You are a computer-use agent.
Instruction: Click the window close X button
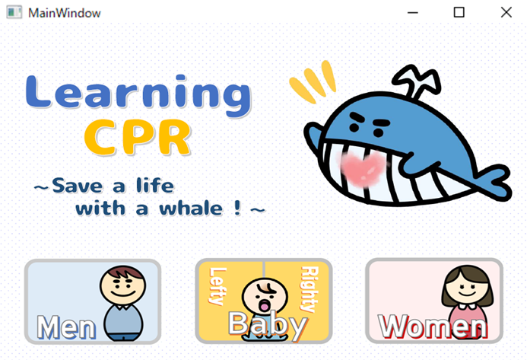click(506, 12)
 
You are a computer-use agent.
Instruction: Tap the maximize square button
click(459, 12)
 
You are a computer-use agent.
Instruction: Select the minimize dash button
click(413, 13)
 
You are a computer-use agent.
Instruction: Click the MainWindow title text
click(64, 13)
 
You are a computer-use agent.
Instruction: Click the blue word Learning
click(138, 96)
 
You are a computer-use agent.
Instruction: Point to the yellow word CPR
click(138, 137)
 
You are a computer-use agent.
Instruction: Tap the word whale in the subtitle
click(191, 208)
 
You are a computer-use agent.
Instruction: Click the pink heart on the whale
click(363, 168)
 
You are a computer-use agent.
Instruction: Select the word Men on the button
click(66, 327)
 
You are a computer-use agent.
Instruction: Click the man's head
click(123, 285)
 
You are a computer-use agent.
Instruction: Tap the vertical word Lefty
click(217, 286)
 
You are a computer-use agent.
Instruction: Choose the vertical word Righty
click(310, 289)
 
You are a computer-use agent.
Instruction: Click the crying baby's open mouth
click(265, 305)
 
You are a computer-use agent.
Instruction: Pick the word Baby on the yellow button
click(268, 324)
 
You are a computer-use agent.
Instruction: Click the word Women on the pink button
click(433, 327)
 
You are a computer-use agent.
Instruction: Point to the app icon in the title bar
click(14, 13)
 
